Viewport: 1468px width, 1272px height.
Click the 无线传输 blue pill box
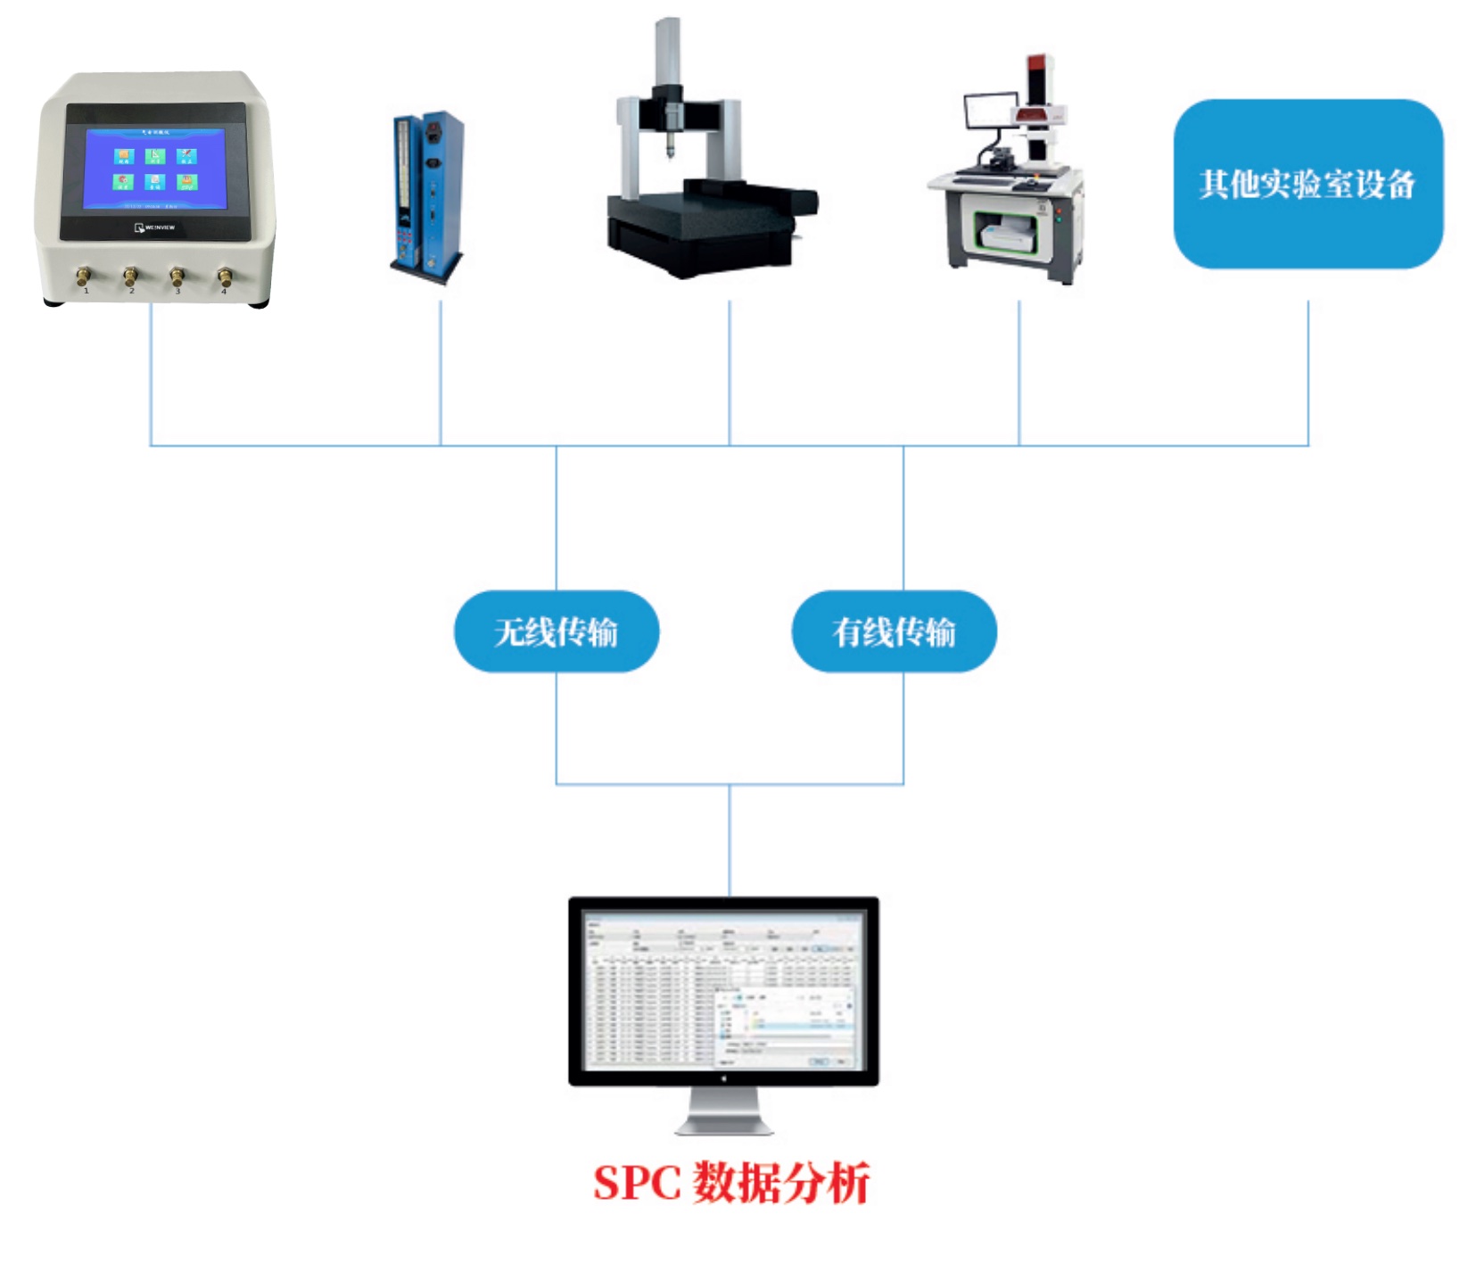pos(556,632)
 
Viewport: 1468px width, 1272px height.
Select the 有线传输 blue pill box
pos(894,632)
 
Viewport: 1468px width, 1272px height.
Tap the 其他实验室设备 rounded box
pos(1307,184)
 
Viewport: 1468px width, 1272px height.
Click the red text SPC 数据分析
pos(730,1183)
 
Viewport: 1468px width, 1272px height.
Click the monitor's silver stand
pos(723,1115)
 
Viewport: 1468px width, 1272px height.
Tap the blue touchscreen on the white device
pos(155,169)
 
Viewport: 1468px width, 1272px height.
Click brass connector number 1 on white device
pos(84,276)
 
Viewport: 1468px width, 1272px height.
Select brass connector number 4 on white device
pos(225,277)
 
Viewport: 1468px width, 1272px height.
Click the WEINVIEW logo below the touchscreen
pos(155,227)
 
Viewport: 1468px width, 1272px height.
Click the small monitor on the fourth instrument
pos(990,112)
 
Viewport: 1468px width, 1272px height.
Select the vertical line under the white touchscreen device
pos(151,375)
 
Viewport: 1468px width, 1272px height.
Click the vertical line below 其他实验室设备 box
pos(1307,375)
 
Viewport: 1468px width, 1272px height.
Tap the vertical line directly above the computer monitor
pos(730,838)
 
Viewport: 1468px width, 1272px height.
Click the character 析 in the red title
pos(848,1183)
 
